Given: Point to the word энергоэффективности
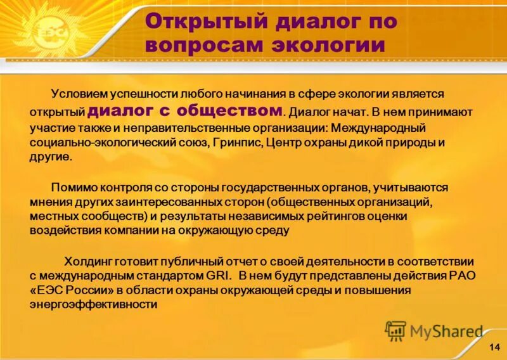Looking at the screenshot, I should click(93, 304).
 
